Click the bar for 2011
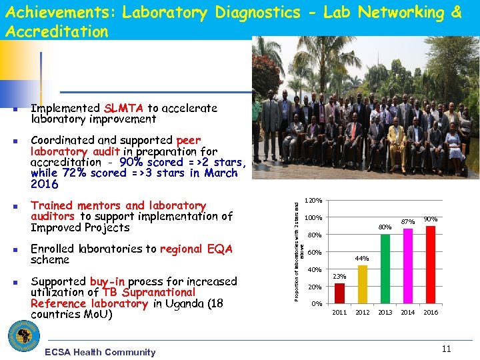click(339, 293)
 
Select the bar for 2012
click(363, 285)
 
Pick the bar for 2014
click(408, 266)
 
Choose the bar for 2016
click(431, 265)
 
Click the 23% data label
click(339, 276)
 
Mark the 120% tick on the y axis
click(313, 201)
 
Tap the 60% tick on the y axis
click(315, 253)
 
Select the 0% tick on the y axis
click(317, 304)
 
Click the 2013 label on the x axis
click(385, 313)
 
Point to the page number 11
click(447, 348)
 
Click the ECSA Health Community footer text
click(99, 352)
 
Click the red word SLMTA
click(124, 108)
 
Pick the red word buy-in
click(109, 281)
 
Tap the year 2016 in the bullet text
click(45, 184)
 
